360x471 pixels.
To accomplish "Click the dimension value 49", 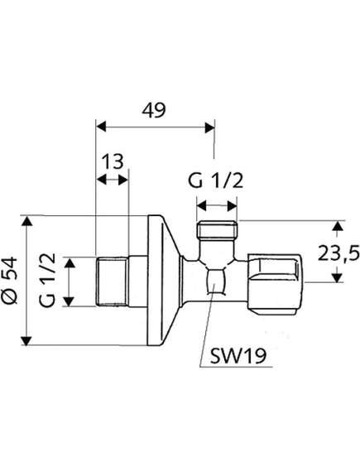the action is (154, 110).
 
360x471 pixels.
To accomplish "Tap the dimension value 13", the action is (113, 161).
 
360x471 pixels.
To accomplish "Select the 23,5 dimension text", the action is (338, 254).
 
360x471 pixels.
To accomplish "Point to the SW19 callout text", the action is (238, 356).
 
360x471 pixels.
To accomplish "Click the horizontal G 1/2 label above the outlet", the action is (215, 181).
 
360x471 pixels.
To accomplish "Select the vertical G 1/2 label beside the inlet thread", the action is (47, 280).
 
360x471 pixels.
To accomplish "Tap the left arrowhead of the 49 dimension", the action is (101, 127).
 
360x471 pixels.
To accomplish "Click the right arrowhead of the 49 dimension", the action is (209, 127).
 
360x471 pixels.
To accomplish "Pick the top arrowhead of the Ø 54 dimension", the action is (27, 221).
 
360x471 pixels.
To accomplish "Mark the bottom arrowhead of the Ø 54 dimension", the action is (27, 340).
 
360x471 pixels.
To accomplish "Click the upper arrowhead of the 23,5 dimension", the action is (338, 226).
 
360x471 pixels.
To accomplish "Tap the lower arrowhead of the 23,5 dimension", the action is (338, 277).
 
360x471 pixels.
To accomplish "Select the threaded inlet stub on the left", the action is (112, 281).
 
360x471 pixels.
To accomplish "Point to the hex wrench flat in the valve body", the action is (214, 281).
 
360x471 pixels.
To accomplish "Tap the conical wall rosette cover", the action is (164, 281).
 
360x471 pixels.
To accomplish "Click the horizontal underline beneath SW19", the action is (236, 367).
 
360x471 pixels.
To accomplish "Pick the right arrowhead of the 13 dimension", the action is (123, 180).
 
